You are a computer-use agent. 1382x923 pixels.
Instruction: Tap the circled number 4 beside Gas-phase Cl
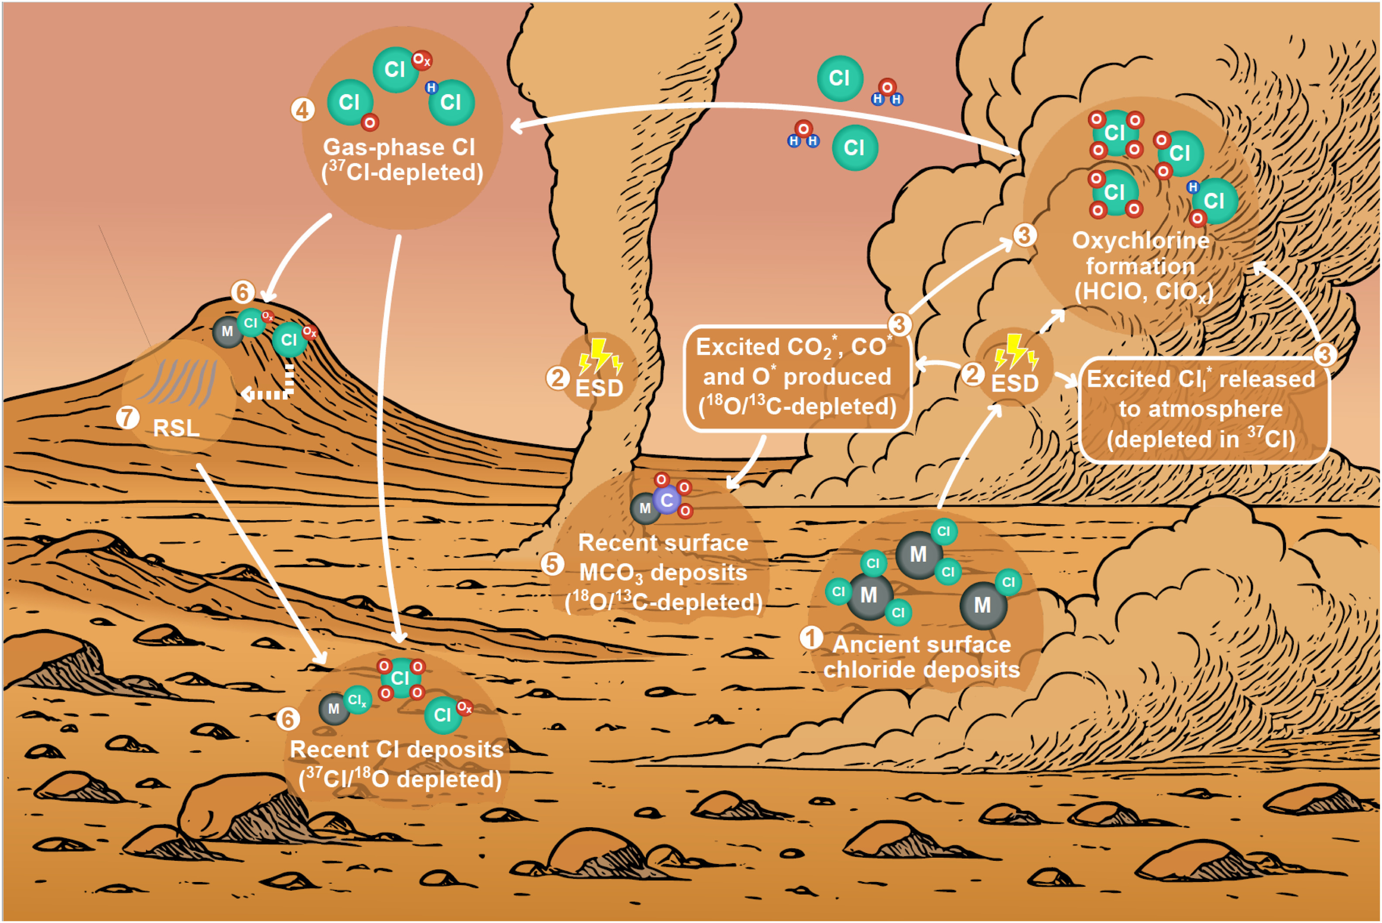(302, 110)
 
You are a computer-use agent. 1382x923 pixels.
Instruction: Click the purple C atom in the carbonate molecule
(667, 501)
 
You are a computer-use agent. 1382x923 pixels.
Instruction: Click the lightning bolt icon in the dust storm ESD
(1015, 351)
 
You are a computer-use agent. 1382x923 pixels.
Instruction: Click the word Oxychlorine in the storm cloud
(1141, 240)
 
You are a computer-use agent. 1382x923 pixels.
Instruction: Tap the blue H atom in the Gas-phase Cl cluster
(432, 88)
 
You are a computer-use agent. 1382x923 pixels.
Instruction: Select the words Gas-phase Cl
(399, 147)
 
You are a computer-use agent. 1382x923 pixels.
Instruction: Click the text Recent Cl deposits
(397, 749)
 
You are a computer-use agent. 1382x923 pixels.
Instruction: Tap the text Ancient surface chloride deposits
(922, 657)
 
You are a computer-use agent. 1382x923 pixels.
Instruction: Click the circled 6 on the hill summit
(243, 292)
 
